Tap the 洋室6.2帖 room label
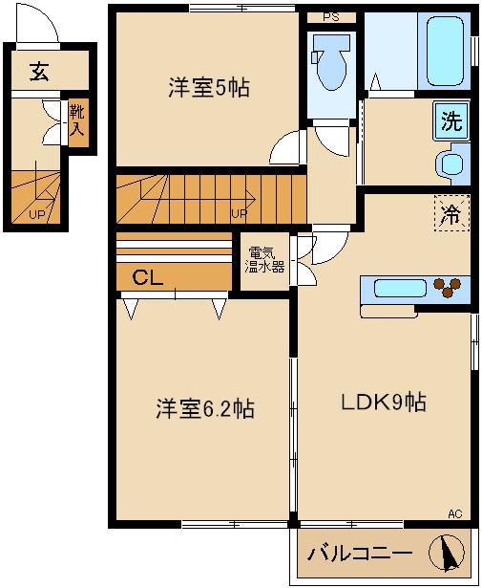click(205, 409)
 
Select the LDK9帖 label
click(384, 403)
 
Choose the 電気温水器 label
click(263, 260)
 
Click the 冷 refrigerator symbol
click(451, 215)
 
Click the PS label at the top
click(330, 17)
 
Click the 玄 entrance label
click(38, 72)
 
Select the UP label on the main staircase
click(240, 213)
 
